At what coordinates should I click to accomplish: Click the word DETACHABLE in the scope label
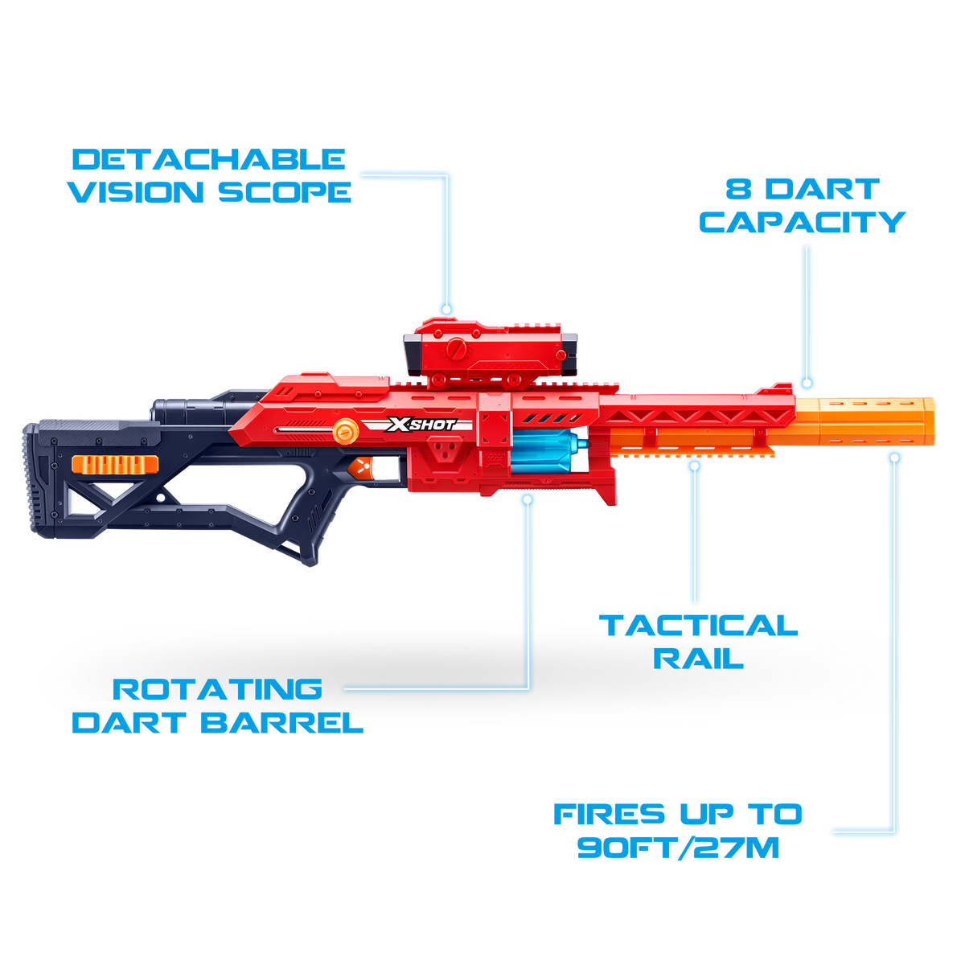pos(209,160)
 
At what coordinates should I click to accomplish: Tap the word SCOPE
pos(285,192)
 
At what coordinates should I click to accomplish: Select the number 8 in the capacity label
pos(737,189)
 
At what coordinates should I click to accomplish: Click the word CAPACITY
pos(803,222)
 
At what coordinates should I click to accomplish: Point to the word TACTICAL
pos(698,626)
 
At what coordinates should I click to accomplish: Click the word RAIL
pos(698,659)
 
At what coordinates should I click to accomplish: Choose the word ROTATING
pos(217,689)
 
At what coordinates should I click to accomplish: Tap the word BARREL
pos(282,723)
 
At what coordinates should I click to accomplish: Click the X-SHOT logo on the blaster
pos(420,425)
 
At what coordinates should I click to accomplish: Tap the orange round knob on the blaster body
pos(346,431)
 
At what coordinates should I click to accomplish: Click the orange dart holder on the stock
pos(115,464)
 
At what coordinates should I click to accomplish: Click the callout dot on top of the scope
pos(446,309)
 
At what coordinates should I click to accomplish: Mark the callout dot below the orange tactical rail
pos(694,466)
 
